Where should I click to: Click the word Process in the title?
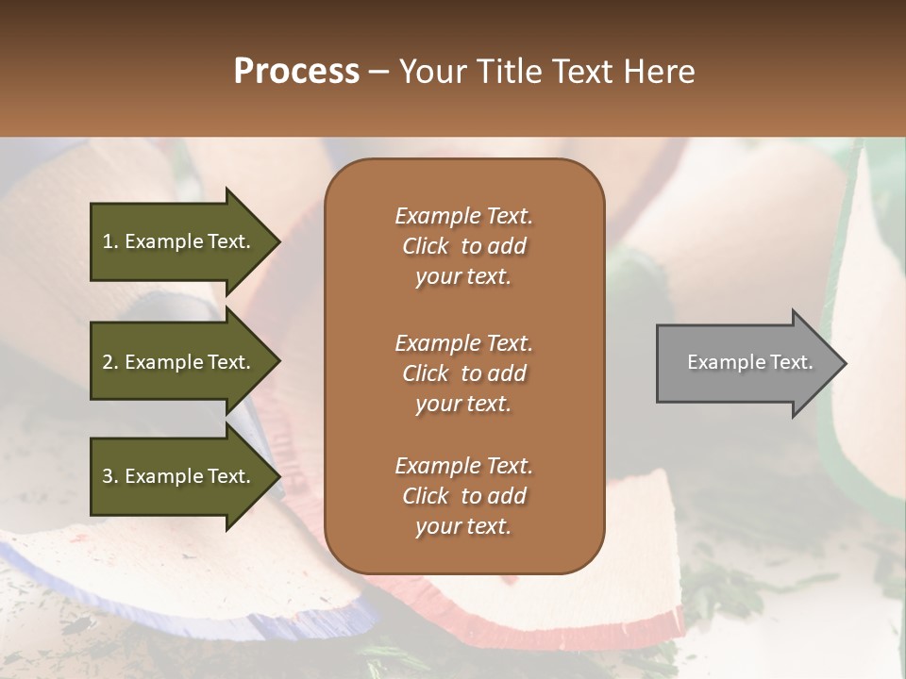point(296,72)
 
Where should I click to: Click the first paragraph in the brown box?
point(463,246)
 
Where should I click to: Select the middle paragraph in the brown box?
point(463,373)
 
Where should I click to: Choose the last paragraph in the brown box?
point(463,496)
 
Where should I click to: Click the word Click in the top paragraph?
point(426,246)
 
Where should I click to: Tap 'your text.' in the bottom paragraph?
point(463,526)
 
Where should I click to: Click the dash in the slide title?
point(379,73)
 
